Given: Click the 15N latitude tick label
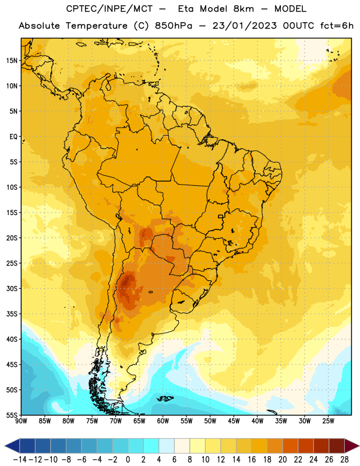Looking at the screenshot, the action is tap(12, 61).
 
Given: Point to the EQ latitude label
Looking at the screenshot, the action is tap(13, 137).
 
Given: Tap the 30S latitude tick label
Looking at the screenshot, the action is tap(12, 288).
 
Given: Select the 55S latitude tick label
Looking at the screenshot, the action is tap(12, 415).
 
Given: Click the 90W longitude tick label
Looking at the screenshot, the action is tap(21, 421).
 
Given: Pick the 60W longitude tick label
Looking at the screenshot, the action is tap(163, 421).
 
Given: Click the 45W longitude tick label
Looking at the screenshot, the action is tap(234, 421).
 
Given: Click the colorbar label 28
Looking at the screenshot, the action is tap(344, 460).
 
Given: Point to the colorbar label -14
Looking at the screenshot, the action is tap(20, 460).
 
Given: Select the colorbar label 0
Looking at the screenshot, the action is tap(128, 460).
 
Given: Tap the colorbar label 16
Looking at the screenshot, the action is tap(252, 460).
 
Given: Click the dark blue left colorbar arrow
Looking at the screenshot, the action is tap(12, 446).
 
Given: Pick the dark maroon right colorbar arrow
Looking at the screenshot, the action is tap(352, 446).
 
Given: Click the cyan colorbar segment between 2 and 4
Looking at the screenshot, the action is tap(151, 446).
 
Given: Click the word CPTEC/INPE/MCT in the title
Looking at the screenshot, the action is tap(109, 9).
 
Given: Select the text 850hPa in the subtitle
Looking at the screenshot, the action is tap(174, 26).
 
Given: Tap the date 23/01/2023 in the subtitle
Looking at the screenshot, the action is tap(245, 26).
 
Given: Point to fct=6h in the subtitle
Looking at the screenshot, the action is tap(337, 26).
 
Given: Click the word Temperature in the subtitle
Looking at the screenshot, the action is tap(96, 26).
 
